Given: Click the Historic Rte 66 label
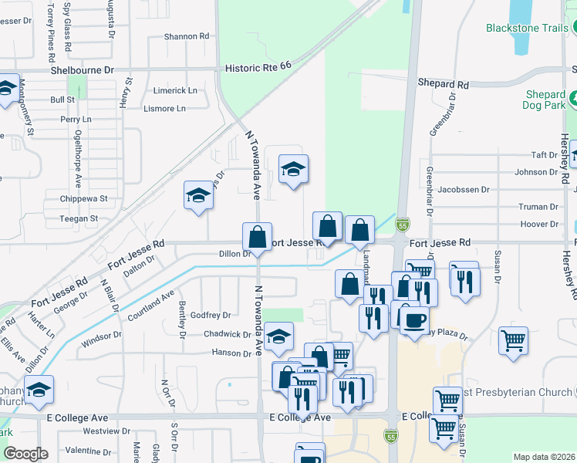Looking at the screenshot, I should pyautogui.click(x=258, y=68).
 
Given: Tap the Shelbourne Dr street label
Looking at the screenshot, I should pyautogui.click(x=83, y=69).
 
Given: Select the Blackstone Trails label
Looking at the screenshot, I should pyautogui.click(x=527, y=28).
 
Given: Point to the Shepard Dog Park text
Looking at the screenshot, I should pyautogui.click(x=545, y=100).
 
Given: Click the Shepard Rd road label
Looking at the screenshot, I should pyautogui.click(x=444, y=83).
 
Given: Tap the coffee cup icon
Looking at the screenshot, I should pyautogui.click(x=413, y=319).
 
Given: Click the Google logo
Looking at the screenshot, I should pyautogui.click(x=25, y=453).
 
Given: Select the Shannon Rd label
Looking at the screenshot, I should pyautogui.click(x=187, y=36).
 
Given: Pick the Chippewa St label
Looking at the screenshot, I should pyautogui.click(x=84, y=199).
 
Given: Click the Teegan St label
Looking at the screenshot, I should pyautogui.click(x=79, y=219).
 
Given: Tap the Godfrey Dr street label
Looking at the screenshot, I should pyautogui.click(x=211, y=315).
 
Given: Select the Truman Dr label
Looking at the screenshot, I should pyautogui.click(x=538, y=207).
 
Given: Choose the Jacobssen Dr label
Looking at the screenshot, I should pyautogui.click(x=464, y=189).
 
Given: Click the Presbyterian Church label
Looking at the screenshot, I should pyautogui.click(x=518, y=393).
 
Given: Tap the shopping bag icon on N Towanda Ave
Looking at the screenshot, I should pyautogui.click(x=257, y=236).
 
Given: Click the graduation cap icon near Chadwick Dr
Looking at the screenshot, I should pyautogui.click(x=278, y=337).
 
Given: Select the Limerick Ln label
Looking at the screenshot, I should pyautogui.click(x=175, y=90).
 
